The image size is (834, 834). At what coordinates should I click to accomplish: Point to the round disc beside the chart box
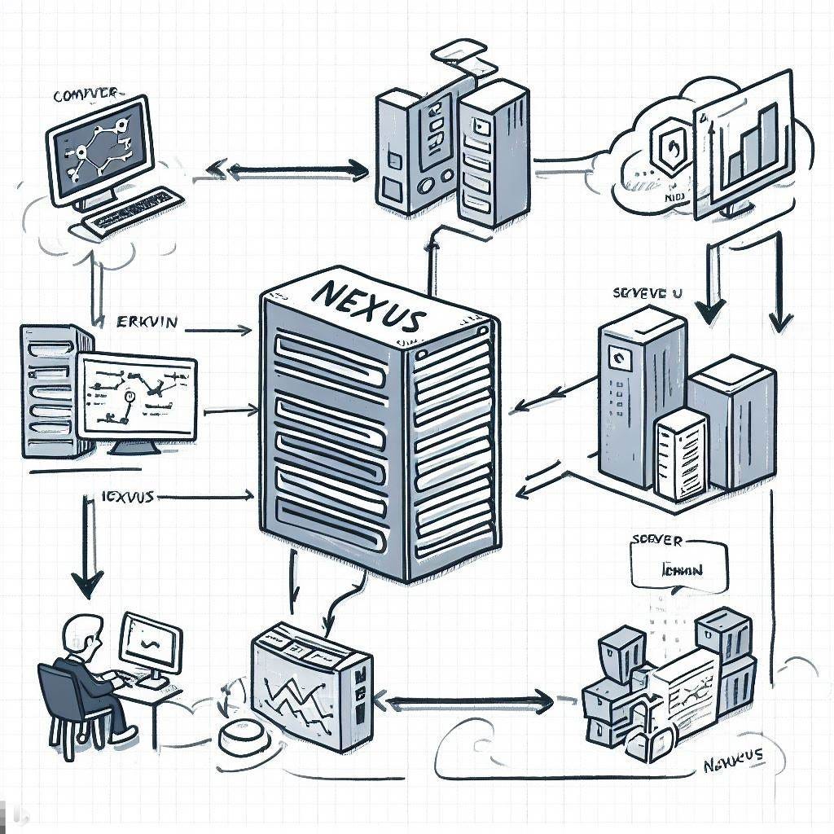coord(242,736)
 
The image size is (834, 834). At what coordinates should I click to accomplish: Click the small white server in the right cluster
coord(680,452)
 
